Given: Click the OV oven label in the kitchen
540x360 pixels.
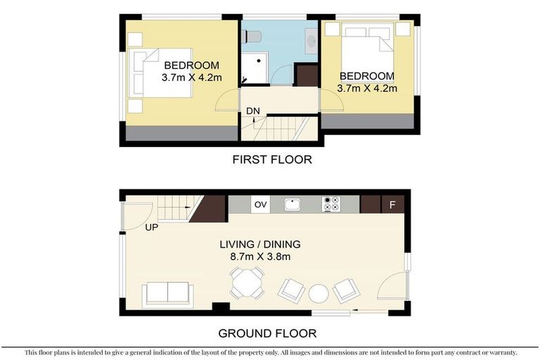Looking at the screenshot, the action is pos(260,205).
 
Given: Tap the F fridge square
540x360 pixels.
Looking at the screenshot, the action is pos(392,205).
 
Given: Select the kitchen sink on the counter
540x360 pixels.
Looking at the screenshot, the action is pos(292,205).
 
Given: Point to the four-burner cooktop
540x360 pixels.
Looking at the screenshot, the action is pos(331,204).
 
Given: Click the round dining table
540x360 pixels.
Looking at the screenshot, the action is pos(247,283).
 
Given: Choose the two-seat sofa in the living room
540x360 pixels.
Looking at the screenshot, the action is pos(168,294).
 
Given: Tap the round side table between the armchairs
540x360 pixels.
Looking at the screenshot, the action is pos(319,293).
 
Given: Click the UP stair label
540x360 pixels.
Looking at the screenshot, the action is pos(152,227).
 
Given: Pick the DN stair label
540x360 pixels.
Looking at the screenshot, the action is pos(253,111).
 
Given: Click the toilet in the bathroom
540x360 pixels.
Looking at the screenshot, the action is pos(252,37).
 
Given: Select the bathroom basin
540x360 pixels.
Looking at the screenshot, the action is pos(311,41).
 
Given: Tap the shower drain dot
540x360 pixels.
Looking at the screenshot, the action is pos(259,61).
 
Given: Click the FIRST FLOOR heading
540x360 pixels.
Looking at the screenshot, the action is pos(272,160).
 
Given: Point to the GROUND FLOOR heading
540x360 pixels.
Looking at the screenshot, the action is pos(267,333).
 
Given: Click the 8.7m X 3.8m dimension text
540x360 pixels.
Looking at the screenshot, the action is pos(260,257).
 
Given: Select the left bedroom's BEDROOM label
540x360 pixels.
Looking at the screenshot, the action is pos(191,65).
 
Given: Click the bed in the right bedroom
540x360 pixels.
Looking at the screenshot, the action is pos(368,52).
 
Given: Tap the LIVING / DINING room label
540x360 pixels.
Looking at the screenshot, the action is pos(260,244).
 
